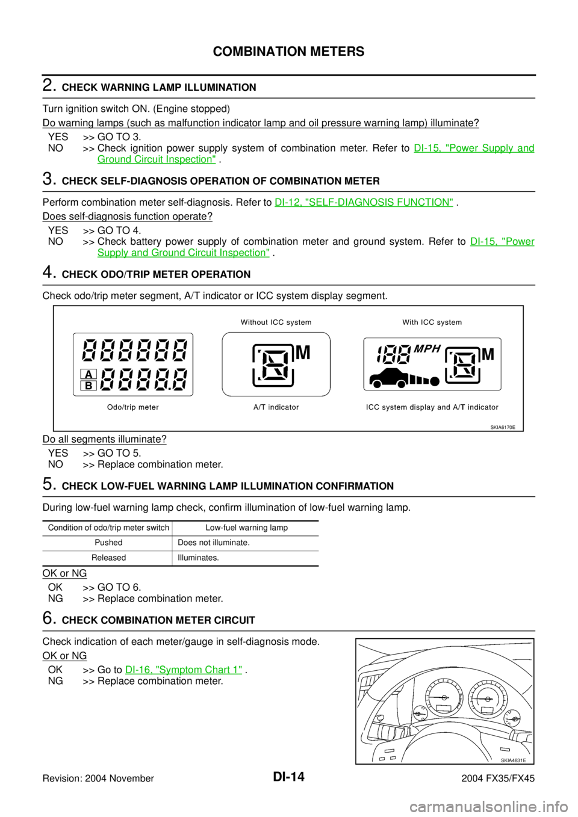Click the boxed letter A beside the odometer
[89, 374]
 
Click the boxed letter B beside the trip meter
[89, 386]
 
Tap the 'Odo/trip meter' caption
[133, 407]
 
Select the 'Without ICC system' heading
[276, 322]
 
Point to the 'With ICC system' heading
[432, 322]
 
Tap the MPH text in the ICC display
[427, 349]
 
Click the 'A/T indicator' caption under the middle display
[276, 407]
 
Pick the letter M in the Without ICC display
[303, 353]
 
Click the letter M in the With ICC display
[488, 355]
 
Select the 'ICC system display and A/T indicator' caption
[432, 407]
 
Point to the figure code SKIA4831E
[512, 760]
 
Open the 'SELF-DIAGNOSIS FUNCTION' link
[364, 202]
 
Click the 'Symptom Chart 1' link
[184, 670]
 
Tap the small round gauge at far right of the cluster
[512, 717]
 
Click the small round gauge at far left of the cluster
[418, 714]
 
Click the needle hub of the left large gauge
[444, 696]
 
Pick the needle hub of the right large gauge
[488, 699]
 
